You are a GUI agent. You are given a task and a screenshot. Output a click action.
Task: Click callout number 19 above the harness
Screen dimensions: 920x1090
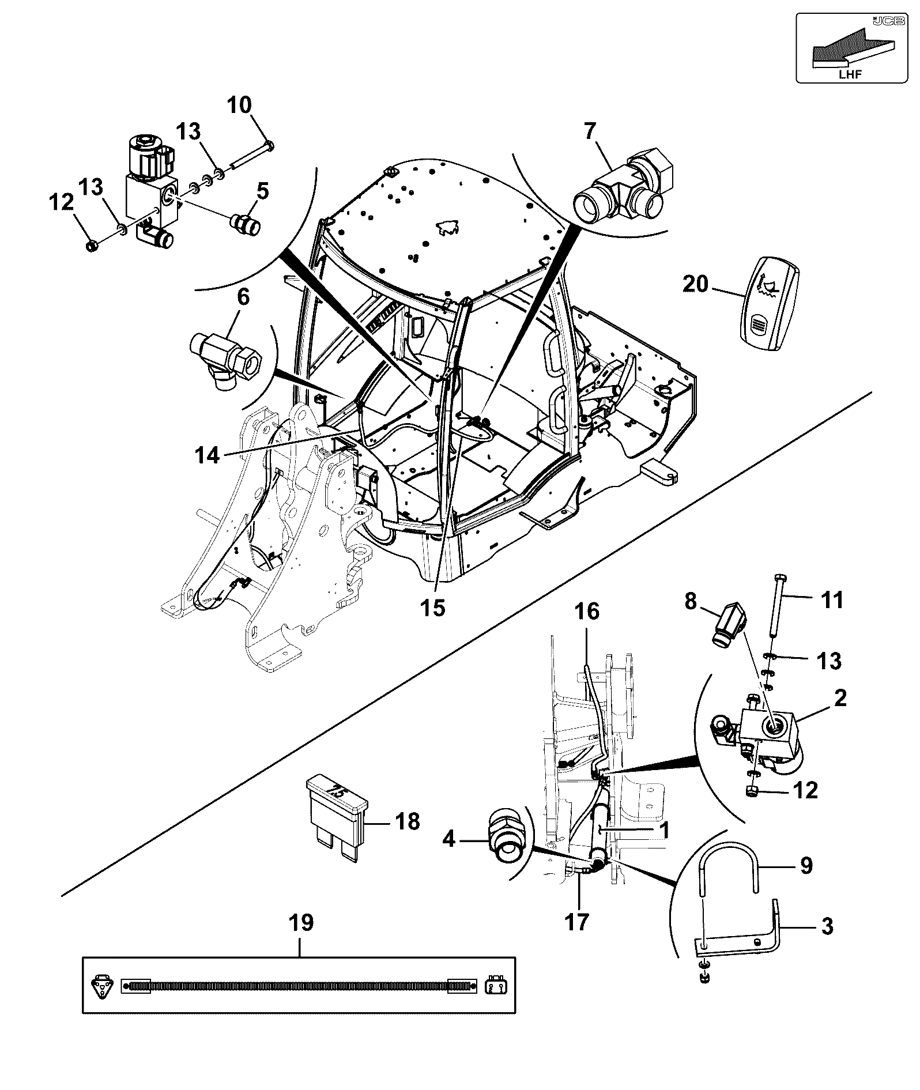coord(300,923)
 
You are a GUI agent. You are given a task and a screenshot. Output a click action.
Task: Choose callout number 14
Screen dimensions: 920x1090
coord(207,455)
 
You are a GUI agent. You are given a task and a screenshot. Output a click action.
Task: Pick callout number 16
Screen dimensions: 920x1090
coord(587,612)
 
